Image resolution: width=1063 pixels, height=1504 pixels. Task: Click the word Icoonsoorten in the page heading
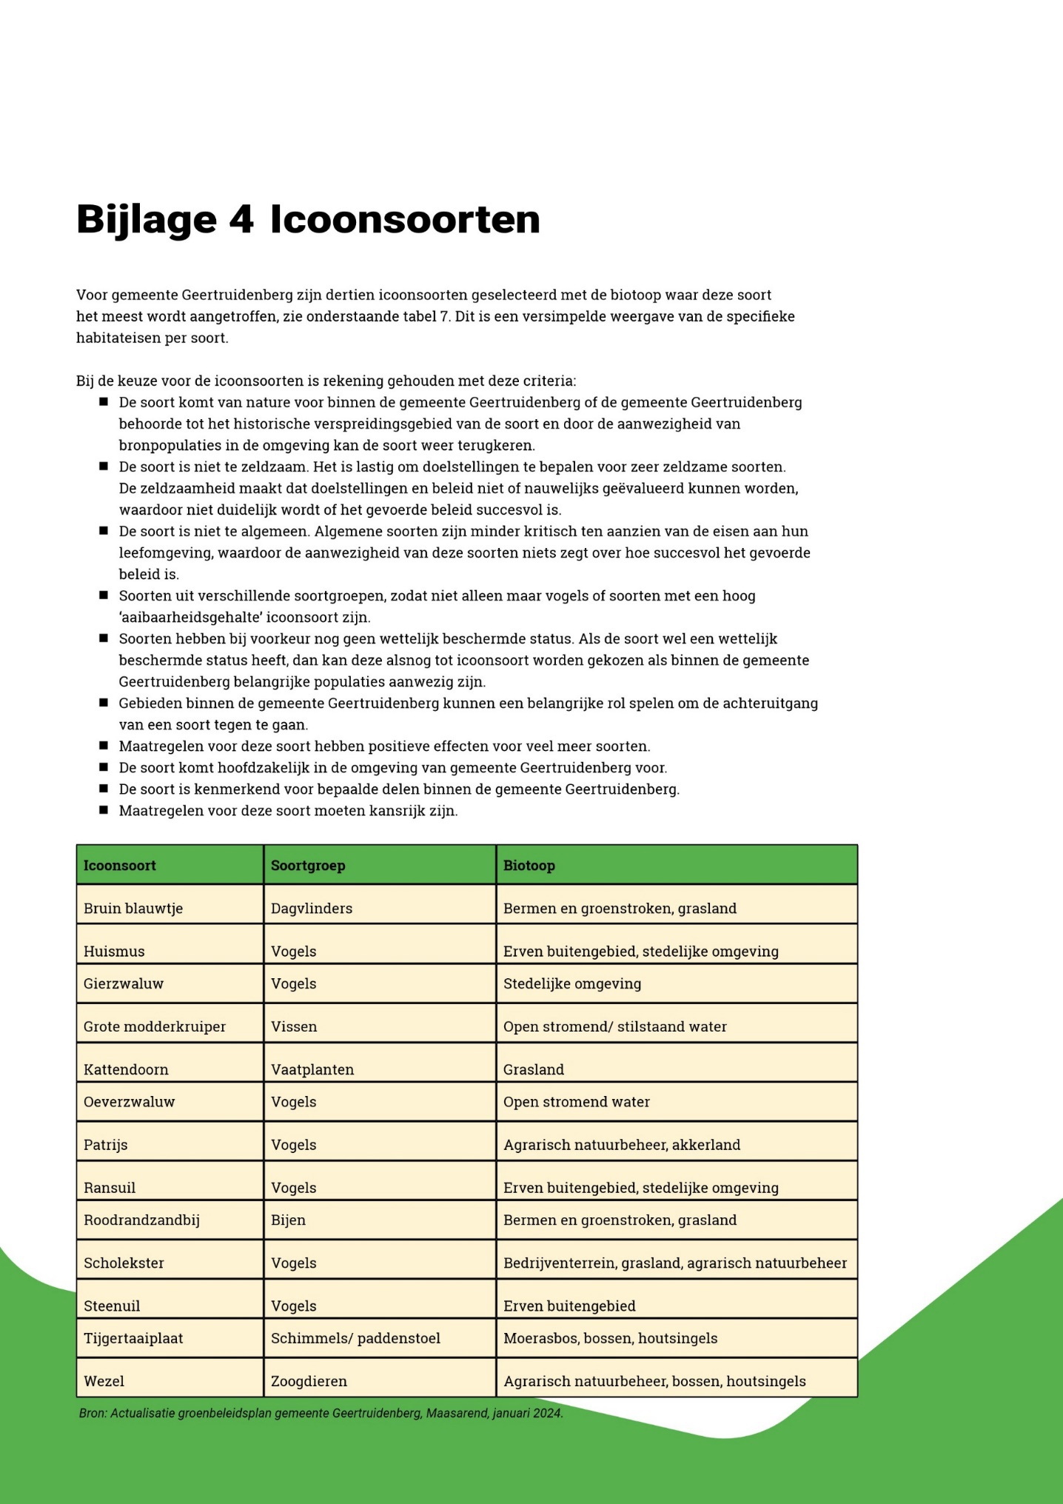point(404,220)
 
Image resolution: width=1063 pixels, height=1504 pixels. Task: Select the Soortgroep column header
point(308,866)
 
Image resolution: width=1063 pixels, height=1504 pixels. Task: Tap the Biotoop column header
point(529,866)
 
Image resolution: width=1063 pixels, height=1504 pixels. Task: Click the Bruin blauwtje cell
point(133,909)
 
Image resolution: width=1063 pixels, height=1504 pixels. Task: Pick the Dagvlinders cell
point(312,909)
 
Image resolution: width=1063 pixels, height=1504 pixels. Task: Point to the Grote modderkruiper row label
point(155,1026)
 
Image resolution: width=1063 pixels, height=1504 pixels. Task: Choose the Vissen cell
point(294,1026)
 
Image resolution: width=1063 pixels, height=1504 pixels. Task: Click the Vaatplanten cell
point(312,1069)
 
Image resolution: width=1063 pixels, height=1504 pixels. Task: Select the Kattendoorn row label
point(126,1069)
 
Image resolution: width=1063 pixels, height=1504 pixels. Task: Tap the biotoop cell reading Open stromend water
point(577,1102)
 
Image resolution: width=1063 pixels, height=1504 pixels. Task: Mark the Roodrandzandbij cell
point(141,1220)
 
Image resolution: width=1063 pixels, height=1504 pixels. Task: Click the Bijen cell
point(288,1220)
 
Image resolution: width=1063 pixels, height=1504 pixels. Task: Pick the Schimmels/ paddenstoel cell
point(355,1338)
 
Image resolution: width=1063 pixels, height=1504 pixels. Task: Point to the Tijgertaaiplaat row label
point(133,1338)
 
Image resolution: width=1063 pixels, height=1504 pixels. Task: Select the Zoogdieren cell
point(309,1381)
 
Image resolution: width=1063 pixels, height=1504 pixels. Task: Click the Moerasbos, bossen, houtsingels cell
point(610,1338)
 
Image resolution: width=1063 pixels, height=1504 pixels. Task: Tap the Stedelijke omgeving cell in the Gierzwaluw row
point(572,984)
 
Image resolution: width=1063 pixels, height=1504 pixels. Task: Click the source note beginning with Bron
point(321,1413)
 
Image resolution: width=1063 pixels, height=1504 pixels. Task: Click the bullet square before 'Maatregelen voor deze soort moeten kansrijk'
point(104,810)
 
